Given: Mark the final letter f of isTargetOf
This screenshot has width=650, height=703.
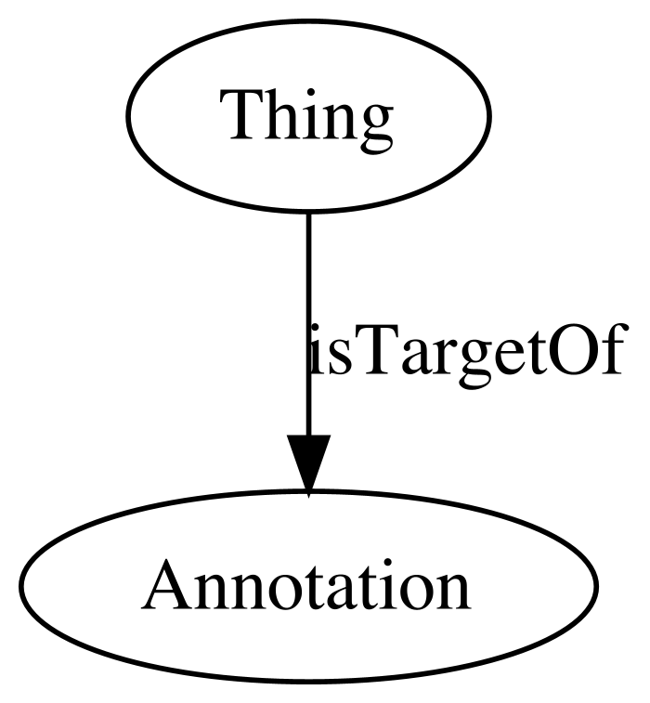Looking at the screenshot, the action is (613, 347).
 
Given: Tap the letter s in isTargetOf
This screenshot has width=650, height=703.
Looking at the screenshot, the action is (334, 357).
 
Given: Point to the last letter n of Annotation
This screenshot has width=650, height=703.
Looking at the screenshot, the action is (454, 592).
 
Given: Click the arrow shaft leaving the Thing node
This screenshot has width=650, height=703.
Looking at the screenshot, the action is (308, 324).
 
